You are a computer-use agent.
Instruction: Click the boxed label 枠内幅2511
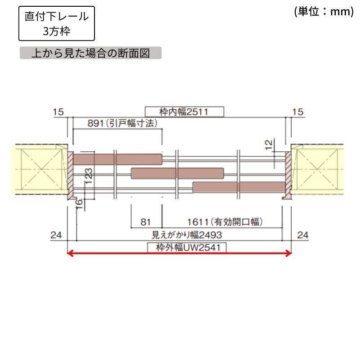(184, 112)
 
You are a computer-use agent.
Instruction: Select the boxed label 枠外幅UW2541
(187, 247)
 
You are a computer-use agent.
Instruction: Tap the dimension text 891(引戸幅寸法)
(122, 123)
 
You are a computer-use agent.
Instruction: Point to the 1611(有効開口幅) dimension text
(225, 222)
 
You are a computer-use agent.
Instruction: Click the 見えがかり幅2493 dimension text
(187, 235)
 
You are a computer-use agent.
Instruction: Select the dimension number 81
(145, 222)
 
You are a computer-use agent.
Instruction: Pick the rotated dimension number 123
(89, 176)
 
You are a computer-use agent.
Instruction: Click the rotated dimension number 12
(269, 144)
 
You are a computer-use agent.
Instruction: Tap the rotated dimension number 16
(79, 204)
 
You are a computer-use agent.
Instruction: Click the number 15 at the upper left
(58, 112)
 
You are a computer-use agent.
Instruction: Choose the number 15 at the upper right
(298, 112)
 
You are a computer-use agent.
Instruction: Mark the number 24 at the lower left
(56, 235)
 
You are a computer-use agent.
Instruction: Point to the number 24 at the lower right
(303, 235)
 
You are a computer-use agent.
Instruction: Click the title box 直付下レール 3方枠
(57, 23)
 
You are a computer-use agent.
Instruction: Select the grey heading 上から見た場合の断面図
(90, 53)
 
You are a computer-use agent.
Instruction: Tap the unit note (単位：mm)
(324, 12)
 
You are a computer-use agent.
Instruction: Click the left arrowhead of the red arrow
(70, 253)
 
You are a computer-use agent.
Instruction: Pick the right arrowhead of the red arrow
(288, 253)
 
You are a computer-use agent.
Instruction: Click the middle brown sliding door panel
(177, 173)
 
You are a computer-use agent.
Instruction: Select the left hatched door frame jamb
(71, 175)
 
